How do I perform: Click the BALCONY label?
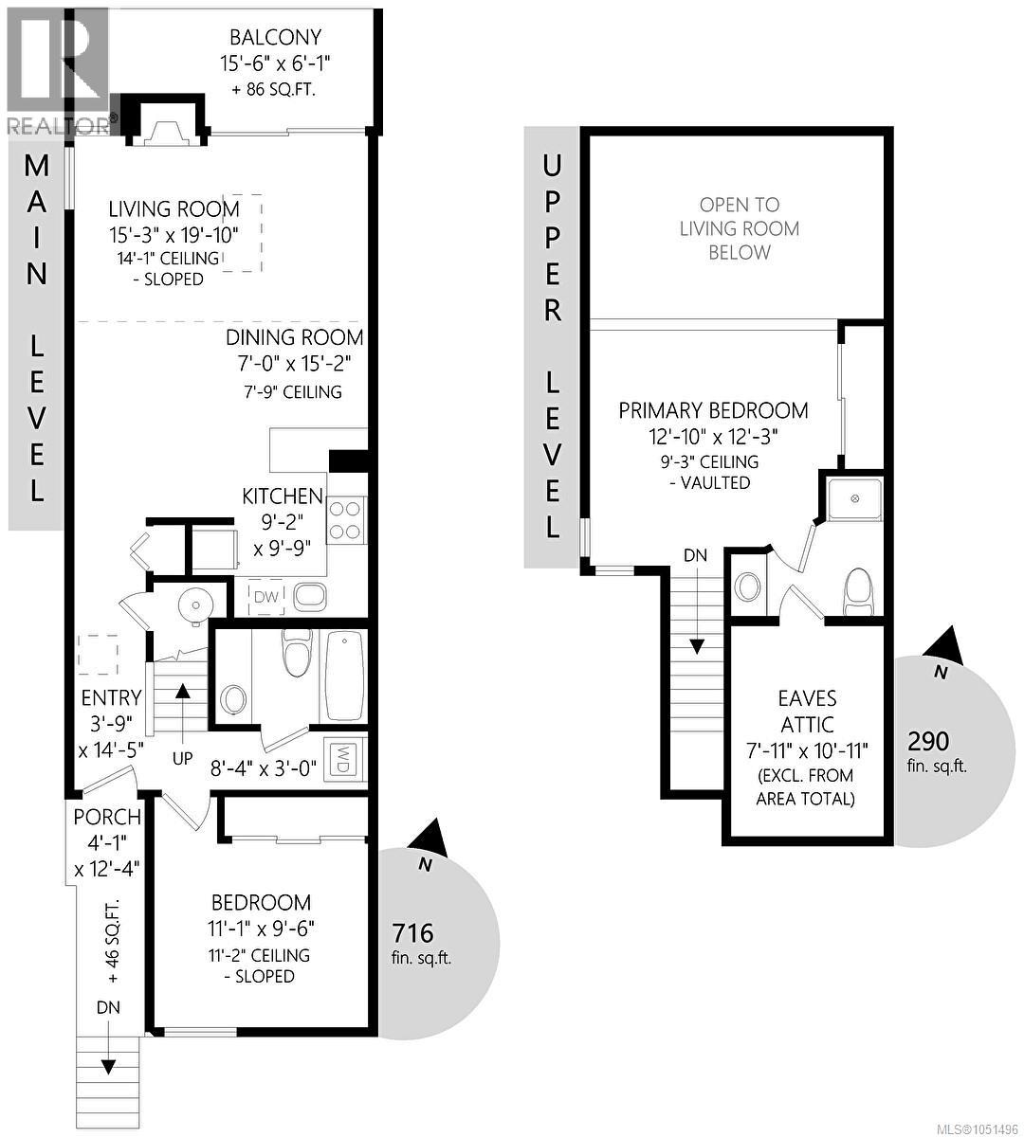coord(275,37)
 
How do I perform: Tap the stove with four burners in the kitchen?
coord(346,520)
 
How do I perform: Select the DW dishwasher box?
coord(266,596)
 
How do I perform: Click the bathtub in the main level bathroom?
coord(344,676)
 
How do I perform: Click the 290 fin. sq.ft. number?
coord(928,740)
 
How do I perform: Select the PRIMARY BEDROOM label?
coord(713,410)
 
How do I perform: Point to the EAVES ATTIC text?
coord(807,712)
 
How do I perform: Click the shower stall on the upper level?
coord(853,498)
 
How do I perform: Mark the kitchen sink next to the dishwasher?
coord(310,596)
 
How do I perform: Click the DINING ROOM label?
coord(295,337)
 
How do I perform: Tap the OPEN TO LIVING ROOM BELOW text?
coord(740,228)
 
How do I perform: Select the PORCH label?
coord(107,817)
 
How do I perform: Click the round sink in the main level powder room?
coord(195,605)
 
